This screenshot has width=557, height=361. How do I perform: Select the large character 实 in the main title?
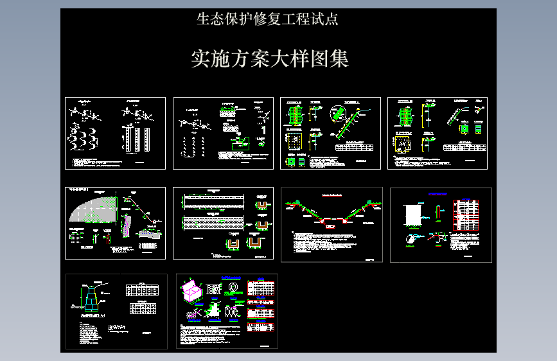point(202,59)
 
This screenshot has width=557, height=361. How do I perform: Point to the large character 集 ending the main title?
point(339,59)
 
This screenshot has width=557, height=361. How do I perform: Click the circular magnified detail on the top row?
point(337,114)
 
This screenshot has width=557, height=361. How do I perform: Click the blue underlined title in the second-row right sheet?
point(438,193)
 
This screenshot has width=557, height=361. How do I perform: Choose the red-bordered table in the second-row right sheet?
point(466,215)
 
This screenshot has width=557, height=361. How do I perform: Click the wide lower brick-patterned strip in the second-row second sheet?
point(213,222)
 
